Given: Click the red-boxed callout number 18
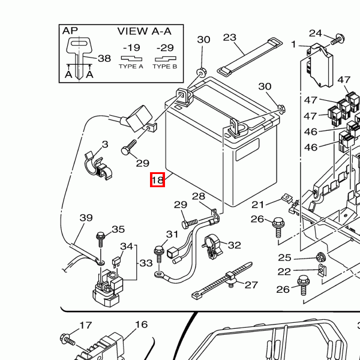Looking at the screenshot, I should click(157, 179).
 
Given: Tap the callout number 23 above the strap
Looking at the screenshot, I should click(230, 38).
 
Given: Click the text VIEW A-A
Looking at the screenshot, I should click(145, 31).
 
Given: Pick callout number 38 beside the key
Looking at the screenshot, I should click(104, 58).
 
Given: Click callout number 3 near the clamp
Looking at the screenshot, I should click(104, 144).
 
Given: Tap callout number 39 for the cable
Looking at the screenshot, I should click(86, 218).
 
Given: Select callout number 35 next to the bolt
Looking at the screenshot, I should click(118, 229).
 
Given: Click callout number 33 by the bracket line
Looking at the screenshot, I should click(146, 263).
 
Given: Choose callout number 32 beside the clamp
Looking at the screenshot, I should click(234, 245).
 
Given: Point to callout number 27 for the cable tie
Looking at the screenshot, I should click(251, 285).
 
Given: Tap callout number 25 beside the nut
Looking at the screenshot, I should click(284, 257).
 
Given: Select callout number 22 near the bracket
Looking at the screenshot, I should click(284, 271).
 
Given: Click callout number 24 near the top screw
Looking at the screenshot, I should click(316, 33).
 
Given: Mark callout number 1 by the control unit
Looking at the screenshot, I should click(294, 44).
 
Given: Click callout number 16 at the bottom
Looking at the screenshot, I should click(141, 325).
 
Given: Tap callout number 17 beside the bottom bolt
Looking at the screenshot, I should click(86, 325).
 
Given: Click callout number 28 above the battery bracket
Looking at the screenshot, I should click(199, 196).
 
